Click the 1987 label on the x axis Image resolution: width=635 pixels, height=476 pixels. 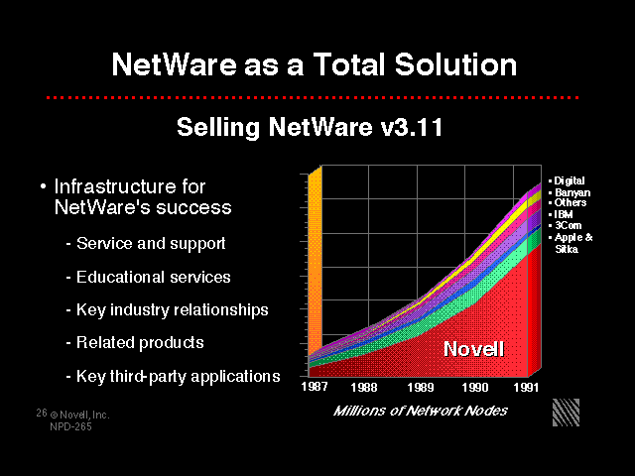point(315,387)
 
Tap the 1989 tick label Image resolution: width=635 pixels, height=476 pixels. point(421,388)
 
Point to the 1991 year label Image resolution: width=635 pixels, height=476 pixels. point(526,388)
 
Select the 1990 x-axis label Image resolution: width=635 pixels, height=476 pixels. point(475,388)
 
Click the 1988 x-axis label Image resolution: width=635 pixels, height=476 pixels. point(364,388)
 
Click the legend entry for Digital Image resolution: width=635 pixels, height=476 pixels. point(567,180)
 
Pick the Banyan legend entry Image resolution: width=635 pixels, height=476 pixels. point(570,192)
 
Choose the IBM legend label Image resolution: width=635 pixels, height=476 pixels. point(561,214)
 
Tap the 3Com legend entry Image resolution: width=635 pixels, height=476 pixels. point(565,225)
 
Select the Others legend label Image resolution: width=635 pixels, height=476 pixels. point(568,202)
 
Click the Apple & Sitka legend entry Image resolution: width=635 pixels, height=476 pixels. point(571,243)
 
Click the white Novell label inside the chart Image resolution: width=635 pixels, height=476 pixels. point(474,348)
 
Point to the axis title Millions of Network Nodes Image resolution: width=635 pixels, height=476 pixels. point(420,411)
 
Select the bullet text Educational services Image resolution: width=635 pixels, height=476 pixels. point(153,278)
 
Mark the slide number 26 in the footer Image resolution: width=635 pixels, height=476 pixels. point(42,413)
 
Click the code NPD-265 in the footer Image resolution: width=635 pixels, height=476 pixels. point(70,426)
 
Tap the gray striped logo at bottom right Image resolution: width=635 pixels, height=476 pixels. point(566,413)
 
